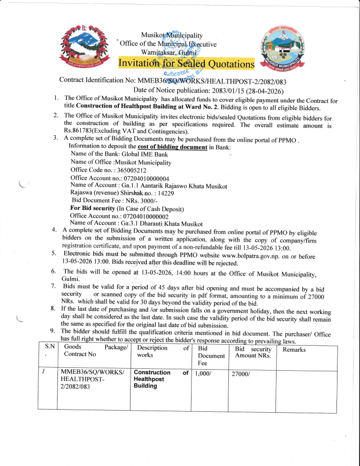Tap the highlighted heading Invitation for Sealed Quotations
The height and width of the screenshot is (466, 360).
pos(186,63)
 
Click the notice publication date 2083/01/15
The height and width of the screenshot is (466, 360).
pos(226,90)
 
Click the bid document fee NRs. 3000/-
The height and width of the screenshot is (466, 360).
pos(141,201)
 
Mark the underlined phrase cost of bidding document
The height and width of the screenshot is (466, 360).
pos(172,147)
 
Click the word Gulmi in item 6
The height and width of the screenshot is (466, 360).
pos(71,279)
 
